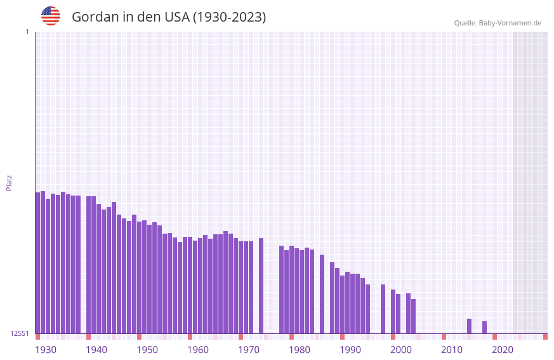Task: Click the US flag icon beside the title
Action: pos(51,16)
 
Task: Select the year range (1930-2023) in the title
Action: pos(229,17)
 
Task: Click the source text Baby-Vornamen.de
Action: pos(510,23)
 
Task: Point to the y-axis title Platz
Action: pos(9,182)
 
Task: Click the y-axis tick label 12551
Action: pos(19,333)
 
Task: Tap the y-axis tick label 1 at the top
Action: pos(27,32)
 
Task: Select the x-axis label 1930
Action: pos(46,350)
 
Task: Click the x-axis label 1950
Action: pos(147,350)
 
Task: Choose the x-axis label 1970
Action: pos(249,350)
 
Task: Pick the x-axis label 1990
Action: pos(350,350)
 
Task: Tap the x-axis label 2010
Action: pos(452,350)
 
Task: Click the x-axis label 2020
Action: pos(503,350)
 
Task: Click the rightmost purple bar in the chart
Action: pos(484,327)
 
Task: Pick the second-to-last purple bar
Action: pos(469,326)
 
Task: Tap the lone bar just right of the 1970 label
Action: pos(261,286)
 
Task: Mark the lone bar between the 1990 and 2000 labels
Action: pos(383,309)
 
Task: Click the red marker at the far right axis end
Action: pos(545,337)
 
